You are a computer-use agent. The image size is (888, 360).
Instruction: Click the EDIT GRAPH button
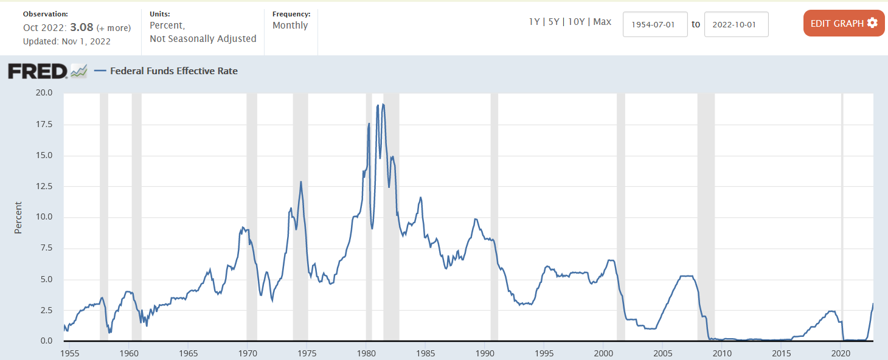(844, 23)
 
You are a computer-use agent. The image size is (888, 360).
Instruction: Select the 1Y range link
(535, 22)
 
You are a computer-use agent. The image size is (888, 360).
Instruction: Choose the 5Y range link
(554, 22)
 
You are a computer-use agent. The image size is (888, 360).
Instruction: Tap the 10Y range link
(576, 22)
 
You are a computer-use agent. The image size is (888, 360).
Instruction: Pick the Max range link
(602, 22)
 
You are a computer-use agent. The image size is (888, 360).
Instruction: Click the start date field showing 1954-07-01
(655, 24)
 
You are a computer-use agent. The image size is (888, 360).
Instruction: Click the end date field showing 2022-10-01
(736, 24)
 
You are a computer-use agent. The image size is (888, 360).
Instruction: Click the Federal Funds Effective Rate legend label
(173, 71)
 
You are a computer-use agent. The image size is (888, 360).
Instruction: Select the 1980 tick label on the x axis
(366, 353)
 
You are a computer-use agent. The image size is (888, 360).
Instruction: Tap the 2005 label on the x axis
(662, 353)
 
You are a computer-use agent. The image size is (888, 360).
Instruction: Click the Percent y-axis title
(18, 217)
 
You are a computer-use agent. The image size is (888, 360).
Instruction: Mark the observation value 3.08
(82, 27)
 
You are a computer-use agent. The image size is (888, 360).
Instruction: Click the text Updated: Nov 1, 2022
(67, 41)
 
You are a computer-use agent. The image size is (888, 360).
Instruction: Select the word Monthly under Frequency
(290, 26)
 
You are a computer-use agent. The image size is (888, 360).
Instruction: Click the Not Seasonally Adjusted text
(203, 38)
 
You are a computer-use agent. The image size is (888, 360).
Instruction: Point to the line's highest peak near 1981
(383, 105)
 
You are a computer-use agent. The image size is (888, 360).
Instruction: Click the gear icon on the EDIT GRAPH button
(873, 23)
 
